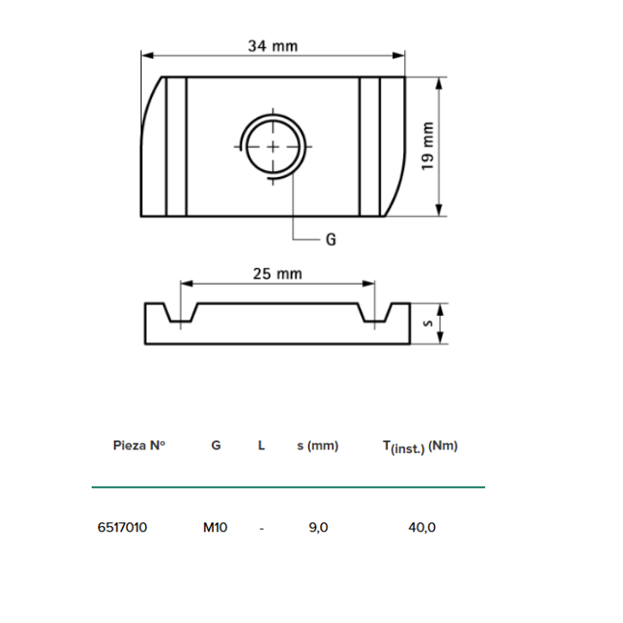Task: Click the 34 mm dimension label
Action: (x=272, y=45)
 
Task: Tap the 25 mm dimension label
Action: (x=278, y=273)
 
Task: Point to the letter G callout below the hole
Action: (x=330, y=239)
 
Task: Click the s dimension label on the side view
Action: (x=427, y=323)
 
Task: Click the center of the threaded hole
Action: (x=273, y=146)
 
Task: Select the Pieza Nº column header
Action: (x=140, y=446)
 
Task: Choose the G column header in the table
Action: (x=215, y=446)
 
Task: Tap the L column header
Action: (x=261, y=446)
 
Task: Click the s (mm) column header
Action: (x=318, y=446)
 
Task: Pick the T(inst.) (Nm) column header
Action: (x=420, y=447)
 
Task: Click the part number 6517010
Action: (x=122, y=527)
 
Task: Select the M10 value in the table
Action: (x=215, y=527)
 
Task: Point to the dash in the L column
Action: (x=261, y=527)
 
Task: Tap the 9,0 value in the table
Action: (x=319, y=527)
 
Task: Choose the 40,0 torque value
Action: (x=422, y=527)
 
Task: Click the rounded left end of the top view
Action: (x=152, y=147)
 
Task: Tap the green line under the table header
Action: (x=288, y=487)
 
